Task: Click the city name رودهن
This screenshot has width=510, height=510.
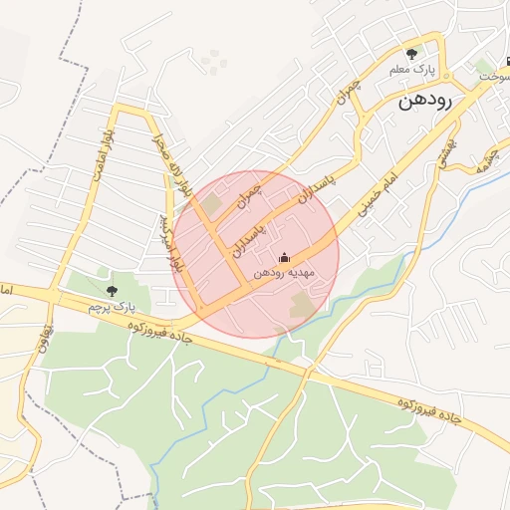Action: pos(425,101)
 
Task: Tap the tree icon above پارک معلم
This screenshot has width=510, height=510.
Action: pos(412,54)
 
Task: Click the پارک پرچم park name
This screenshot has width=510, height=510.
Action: pos(111,307)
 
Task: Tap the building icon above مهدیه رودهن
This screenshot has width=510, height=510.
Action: pos(284,257)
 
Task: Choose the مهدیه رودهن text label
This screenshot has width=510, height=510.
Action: pos(284,272)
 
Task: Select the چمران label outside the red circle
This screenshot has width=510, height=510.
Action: pos(346,94)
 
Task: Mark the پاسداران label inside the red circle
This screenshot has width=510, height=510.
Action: pos(250,239)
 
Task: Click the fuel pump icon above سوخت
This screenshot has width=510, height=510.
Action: pos(506,60)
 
